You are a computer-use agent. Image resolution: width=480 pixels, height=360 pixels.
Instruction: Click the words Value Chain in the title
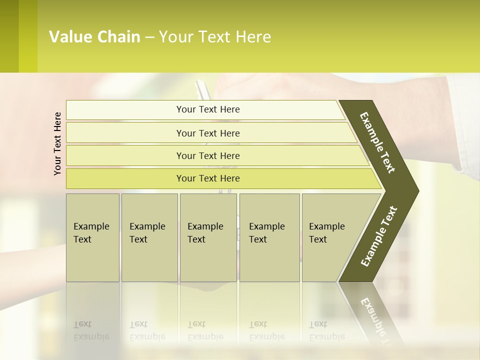coord(94,37)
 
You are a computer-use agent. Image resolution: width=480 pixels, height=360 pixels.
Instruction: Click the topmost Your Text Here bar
coord(207,109)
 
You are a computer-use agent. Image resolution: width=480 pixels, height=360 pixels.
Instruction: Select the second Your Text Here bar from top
coord(207,133)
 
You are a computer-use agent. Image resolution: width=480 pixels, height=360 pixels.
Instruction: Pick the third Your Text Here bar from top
coord(207,155)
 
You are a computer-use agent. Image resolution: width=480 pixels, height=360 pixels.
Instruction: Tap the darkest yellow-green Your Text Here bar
coord(207,178)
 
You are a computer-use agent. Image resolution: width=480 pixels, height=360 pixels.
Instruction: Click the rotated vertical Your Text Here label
coord(57,143)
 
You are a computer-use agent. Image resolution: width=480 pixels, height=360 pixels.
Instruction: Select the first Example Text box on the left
coord(92,237)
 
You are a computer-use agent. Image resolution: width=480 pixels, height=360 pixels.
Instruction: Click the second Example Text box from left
coord(149,237)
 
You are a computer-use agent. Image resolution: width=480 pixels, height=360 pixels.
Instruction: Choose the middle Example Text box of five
coord(208,237)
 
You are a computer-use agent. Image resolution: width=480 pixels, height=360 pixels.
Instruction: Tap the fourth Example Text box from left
coord(269,237)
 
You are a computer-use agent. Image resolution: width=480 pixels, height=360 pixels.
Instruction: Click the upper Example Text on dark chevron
coord(377,142)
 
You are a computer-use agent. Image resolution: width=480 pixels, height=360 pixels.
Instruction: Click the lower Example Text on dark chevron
coord(378,236)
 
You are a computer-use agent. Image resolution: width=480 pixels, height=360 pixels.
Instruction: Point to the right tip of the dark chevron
coord(417,190)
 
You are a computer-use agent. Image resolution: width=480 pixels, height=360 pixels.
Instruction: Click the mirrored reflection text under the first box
coord(91,330)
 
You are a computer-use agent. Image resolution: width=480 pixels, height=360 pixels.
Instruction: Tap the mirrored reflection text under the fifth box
coord(326,330)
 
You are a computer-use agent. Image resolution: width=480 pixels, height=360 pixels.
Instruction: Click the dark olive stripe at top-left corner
coord(9,36)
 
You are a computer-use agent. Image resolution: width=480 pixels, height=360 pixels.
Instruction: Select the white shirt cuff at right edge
coord(465,125)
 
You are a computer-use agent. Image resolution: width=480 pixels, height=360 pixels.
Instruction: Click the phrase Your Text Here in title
coord(215,37)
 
